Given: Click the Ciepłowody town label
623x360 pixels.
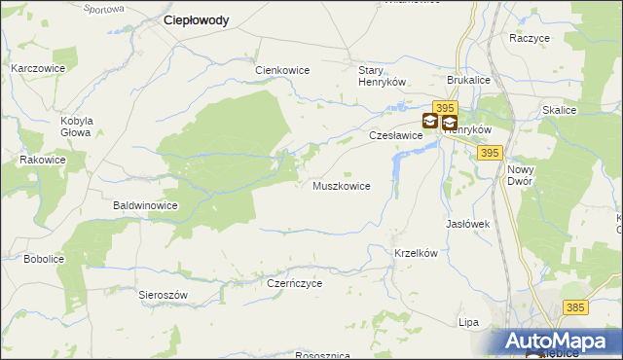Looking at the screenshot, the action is pos(197,20).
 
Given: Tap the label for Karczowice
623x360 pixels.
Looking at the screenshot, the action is pos(38,69).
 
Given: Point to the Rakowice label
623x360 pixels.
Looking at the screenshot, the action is pos(43,160).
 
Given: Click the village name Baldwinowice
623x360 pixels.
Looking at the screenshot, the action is pos(145,206).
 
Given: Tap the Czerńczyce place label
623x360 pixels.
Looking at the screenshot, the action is pos(294,283).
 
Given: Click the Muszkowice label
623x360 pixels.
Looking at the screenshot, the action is pos(341,186).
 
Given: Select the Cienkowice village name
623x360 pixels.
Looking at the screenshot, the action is pos(282,70).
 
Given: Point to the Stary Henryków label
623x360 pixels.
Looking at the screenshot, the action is pos(382,77).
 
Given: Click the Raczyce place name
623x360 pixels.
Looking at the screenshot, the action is pos(530,38).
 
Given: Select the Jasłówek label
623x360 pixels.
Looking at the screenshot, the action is pos(467,224).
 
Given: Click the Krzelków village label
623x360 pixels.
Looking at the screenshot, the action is pos(418,253).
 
